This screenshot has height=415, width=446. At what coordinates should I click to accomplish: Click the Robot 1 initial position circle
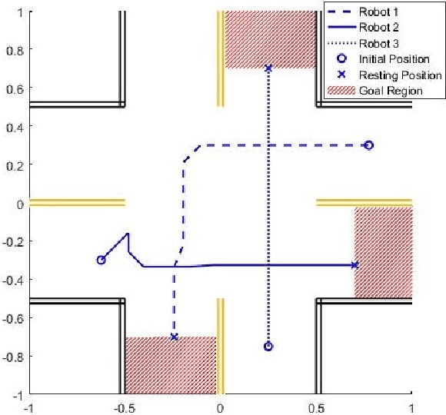tap(368, 145)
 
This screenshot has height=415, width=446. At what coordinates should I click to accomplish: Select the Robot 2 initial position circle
tap(101, 260)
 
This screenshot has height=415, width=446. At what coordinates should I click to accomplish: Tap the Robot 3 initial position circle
tap(268, 347)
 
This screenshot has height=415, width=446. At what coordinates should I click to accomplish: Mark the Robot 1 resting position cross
tap(174, 337)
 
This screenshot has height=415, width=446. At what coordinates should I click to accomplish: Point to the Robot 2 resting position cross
tap(354, 265)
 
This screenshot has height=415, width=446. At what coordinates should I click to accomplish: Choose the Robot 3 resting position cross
tap(268, 68)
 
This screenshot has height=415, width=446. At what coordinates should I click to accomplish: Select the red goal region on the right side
tap(383, 251)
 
